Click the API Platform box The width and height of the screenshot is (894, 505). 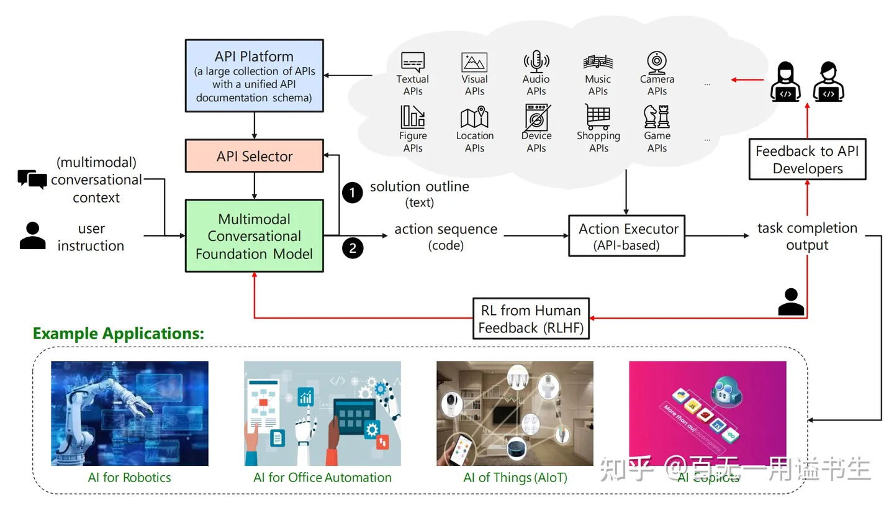click(255, 76)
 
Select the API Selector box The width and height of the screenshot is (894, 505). click(255, 156)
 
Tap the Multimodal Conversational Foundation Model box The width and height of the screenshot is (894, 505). click(255, 236)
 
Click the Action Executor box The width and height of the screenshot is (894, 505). click(626, 236)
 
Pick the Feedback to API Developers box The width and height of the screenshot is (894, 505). click(807, 160)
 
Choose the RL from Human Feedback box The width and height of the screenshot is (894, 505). click(531, 319)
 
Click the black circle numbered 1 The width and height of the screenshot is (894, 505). click(352, 193)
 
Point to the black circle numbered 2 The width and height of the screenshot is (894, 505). click(353, 248)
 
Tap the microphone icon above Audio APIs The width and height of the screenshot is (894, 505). click(536, 61)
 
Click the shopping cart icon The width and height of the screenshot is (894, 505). click(597, 117)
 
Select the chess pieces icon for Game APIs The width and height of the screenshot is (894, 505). click(657, 117)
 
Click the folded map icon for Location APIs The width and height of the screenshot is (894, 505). click(474, 118)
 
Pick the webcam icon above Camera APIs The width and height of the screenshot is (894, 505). click(656, 62)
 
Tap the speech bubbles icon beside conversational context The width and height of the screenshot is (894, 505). click(32, 180)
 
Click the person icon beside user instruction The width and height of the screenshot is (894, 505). click(32, 236)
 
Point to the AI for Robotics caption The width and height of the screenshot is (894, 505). click(129, 478)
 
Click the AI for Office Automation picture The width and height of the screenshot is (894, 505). click(322, 413)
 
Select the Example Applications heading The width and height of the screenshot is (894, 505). click(118, 334)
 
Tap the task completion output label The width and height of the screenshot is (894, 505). click(807, 237)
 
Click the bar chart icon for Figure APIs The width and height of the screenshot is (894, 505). click(412, 117)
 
